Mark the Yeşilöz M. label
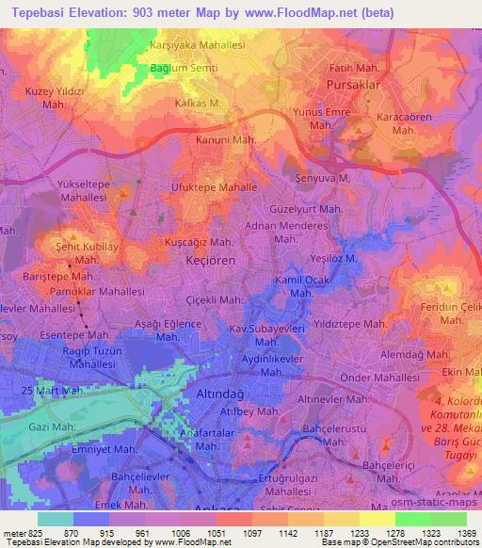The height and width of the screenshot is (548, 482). point(335,258)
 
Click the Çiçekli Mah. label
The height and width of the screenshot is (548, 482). point(209,300)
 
